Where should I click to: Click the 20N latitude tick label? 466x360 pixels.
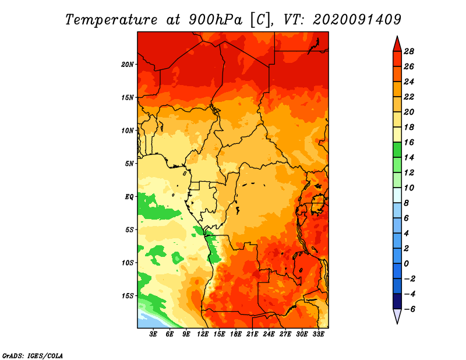pos(128,64)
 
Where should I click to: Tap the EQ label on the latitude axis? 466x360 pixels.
pos(129,197)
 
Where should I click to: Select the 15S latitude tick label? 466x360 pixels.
pos(128,296)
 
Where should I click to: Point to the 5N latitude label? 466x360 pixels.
pos(129,164)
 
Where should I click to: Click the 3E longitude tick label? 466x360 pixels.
pos(153,334)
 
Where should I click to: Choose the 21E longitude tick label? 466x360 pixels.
pos(252,334)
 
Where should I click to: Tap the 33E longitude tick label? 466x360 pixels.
pos(318,334)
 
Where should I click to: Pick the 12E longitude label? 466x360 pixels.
pos(203,334)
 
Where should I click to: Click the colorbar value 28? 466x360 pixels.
pos(409,51)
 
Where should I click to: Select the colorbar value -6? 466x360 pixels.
pos(409,309)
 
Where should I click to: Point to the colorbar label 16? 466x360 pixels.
pos(409,142)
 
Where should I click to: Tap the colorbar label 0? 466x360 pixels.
pos(406,264)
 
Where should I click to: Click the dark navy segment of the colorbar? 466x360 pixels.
pos(397,301)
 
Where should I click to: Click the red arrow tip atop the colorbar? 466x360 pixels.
pos(397,36)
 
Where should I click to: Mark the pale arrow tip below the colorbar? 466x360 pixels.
pos(397,323)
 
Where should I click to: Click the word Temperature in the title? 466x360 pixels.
pos(111,20)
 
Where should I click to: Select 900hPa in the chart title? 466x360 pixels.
pos(215,20)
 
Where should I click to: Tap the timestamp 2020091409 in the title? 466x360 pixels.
pos(357,19)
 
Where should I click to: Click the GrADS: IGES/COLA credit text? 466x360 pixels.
pos(33,356)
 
